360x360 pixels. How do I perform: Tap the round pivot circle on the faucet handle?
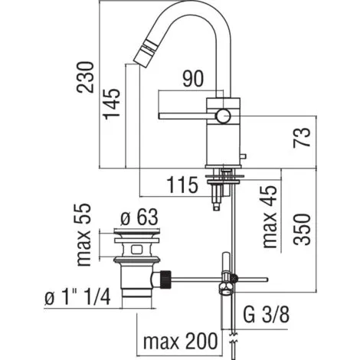pyautogui.click(x=223, y=116)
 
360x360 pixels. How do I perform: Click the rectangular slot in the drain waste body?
pyautogui.click(x=138, y=249)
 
